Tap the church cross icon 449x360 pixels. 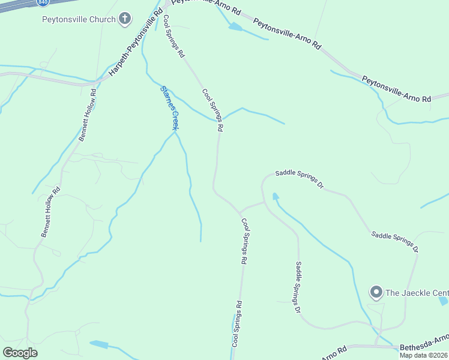[x=125, y=19]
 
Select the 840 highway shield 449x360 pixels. [x=43, y=2]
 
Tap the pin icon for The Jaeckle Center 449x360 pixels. [x=376, y=293]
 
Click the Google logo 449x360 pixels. [x=20, y=353]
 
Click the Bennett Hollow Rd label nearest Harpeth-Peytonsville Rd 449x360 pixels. [x=88, y=115]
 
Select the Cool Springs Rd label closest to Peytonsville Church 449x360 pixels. [x=173, y=37]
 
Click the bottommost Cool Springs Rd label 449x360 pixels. [x=237, y=324]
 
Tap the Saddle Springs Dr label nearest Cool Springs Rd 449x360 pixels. [x=300, y=179]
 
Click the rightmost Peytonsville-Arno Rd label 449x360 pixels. [x=397, y=88]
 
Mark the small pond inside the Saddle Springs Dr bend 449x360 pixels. [x=276, y=196]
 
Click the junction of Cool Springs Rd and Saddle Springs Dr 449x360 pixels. [x=240, y=212]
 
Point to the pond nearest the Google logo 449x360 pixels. [x=100, y=344]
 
